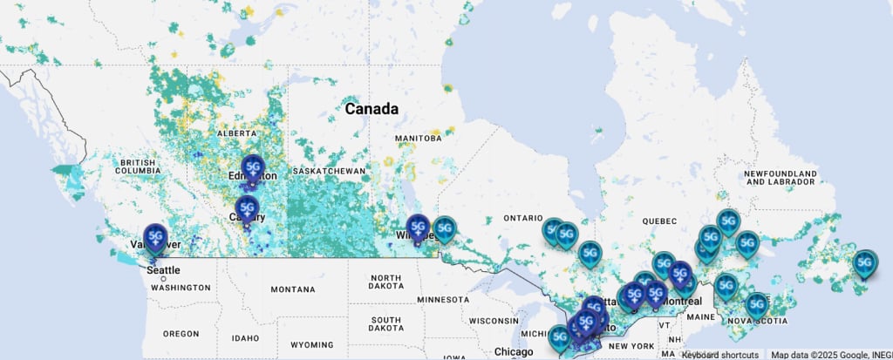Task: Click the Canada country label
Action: (372, 110)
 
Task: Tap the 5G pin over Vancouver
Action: (156, 237)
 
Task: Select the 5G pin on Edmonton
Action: (253, 167)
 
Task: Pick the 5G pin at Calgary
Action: (248, 209)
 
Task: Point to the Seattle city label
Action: (164, 270)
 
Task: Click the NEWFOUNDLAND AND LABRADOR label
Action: (781, 178)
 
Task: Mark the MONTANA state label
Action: (293, 289)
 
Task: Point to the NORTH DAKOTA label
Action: (385, 284)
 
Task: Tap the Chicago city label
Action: (512, 352)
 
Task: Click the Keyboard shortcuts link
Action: (719, 355)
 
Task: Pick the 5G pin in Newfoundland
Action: (864, 262)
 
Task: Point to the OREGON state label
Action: (181, 334)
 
